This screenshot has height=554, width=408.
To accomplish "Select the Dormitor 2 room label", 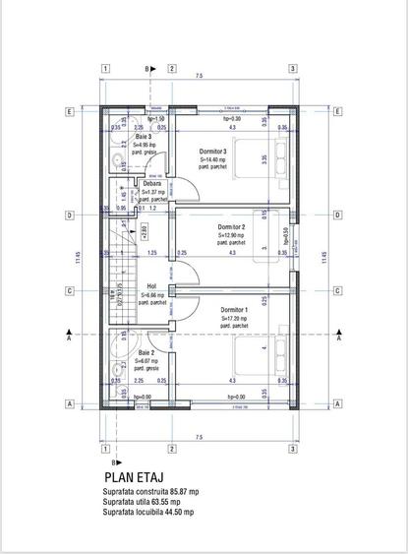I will coord(232,227).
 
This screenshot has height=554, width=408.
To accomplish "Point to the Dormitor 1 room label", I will coord(232,310).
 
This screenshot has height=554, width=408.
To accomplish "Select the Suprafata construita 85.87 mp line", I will coord(150,491).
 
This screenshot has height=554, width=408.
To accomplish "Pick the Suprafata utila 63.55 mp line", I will coord(142,501).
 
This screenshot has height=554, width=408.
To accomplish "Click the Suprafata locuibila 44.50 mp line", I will coord(147,512).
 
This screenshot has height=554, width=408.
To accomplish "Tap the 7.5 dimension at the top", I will coord(199,76).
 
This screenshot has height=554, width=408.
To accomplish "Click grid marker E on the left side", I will coord(70,111).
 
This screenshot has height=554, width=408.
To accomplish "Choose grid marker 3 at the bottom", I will coord(293,448).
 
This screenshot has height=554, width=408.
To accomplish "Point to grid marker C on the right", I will coord(337,291).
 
